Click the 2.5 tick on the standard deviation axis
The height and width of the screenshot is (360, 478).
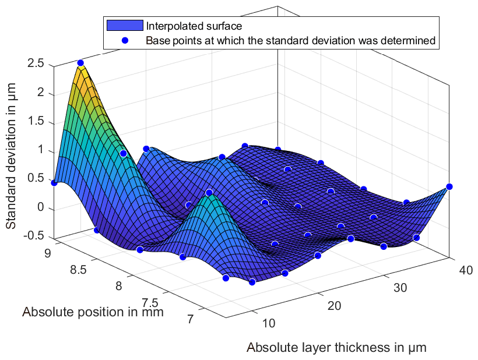click(x=36, y=63)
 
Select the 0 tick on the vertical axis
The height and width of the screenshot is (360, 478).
click(x=40, y=208)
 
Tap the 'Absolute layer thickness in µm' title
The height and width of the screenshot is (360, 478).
click(x=337, y=348)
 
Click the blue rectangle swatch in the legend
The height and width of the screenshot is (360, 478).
click(x=124, y=26)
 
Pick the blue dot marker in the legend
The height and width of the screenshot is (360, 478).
click(x=124, y=41)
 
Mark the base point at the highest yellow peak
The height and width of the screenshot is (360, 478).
click(x=80, y=63)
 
